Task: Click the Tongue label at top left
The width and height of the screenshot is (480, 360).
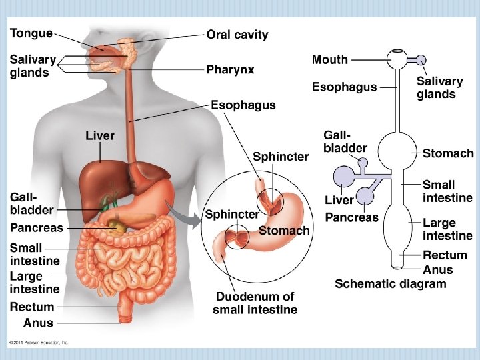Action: click(31, 33)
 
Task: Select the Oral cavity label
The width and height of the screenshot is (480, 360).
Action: click(237, 35)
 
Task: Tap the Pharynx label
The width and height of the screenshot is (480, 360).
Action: click(230, 69)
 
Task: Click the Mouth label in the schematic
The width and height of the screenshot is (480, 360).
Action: click(330, 59)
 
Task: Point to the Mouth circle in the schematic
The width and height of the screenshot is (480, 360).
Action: click(398, 59)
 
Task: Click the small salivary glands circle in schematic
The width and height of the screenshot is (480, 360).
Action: click(421, 60)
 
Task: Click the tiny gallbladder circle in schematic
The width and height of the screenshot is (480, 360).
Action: click(363, 162)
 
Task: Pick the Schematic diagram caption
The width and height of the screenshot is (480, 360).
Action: click(390, 284)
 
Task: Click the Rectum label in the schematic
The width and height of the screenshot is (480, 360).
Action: click(445, 255)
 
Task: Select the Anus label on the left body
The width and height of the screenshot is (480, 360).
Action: click(38, 323)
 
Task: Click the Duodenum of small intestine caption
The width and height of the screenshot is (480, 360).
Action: click(255, 303)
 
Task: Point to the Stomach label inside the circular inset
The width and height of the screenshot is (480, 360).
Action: click(284, 231)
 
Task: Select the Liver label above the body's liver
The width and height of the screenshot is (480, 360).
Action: click(100, 136)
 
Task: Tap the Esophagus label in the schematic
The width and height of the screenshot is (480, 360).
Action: click(344, 87)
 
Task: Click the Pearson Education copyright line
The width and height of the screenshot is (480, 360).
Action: click(39, 343)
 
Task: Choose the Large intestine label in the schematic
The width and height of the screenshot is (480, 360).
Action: click(447, 229)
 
